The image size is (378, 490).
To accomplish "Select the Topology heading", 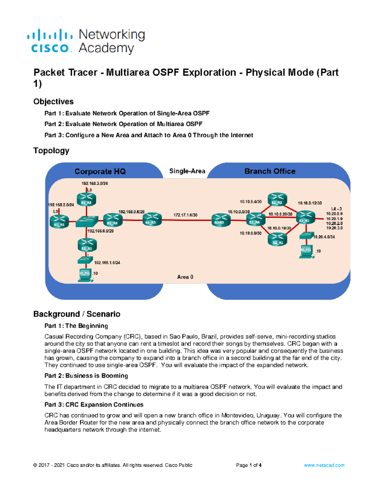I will (x=51, y=151).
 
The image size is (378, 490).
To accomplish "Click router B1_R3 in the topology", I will (x=86, y=199).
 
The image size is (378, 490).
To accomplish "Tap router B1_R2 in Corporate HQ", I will (x=59, y=221).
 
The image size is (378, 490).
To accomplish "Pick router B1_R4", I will (x=112, y=220).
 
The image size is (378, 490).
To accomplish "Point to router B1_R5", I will (x=152, y=219).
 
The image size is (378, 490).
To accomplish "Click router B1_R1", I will (x=87, y=245).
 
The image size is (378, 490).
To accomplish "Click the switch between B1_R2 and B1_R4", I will (x=87, y=221).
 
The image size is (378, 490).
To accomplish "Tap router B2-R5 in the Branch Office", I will (x=221, y=220).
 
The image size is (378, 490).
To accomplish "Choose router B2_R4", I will (x=255, y=219).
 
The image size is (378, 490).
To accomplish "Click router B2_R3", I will (x=277, y=199).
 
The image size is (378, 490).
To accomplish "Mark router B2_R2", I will (x=305, y=218).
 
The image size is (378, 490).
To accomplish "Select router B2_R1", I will (x=278, y=239).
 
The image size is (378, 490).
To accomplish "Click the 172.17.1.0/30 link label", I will (x=185, y=215).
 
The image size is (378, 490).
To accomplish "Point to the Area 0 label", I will (x=185, y=277).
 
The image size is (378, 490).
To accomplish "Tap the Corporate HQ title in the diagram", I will (x=100, y=171).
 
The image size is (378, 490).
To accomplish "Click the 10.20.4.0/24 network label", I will (x=324, y=237).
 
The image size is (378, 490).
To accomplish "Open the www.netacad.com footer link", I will (x=324, y=465).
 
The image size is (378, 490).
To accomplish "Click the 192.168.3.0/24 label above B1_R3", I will (x=94, y=183).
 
